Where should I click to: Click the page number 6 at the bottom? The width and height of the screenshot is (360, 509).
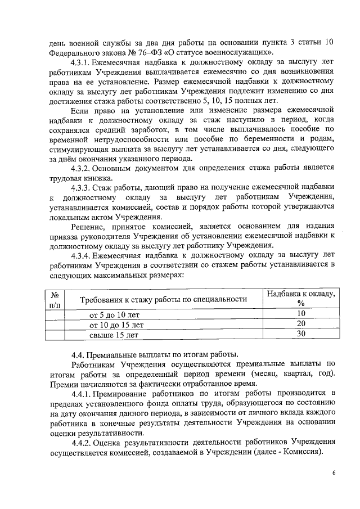tap(334, 473)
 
